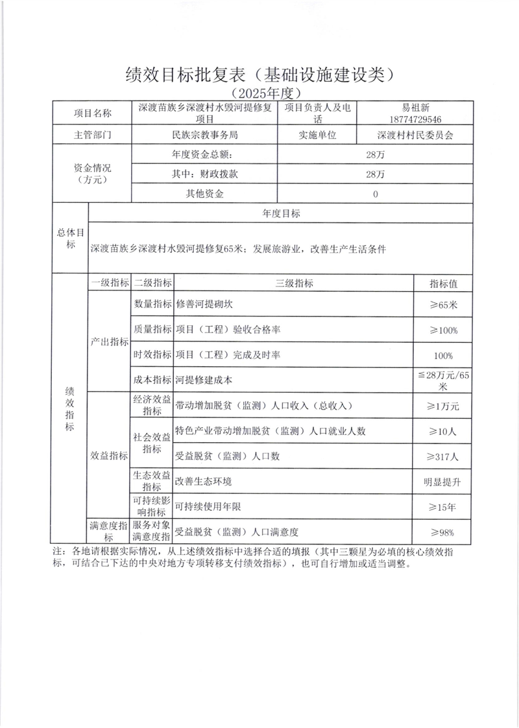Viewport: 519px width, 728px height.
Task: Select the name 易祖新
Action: [x=416, y=108]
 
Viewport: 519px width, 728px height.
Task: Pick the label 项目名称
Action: [x=93, y=113]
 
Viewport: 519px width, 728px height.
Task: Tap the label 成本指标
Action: [x=152, y=380]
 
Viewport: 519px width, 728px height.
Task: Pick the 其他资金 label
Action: [x=205, y=193]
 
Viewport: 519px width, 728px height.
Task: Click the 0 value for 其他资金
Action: [x=376, y=193]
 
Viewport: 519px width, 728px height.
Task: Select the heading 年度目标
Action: [x=281, y=213]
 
